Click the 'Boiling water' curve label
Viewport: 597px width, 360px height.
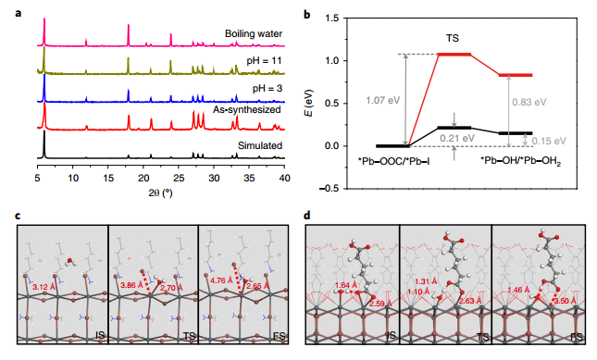[254, 33]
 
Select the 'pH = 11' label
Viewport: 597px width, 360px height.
[264, 61]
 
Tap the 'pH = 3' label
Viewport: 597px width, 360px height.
[267, 89]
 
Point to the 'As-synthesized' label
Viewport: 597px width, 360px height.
[247, 109]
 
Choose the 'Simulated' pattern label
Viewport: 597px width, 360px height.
[260, 145]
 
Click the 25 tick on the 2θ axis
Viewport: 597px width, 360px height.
[179, 178]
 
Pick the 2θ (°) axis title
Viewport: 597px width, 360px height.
[161, 193]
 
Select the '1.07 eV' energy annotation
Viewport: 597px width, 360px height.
[382, 101]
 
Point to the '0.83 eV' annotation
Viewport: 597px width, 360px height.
[529, 102]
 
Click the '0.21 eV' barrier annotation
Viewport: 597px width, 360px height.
[457, 138]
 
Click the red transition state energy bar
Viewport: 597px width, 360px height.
[454, 55]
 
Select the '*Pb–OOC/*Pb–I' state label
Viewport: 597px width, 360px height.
[393, 161]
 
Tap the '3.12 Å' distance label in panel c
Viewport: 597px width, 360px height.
[44, 287]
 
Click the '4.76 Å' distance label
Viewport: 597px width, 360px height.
[221, 280]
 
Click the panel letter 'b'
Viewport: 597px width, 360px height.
[307, 15]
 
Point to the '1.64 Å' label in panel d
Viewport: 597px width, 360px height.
[346, 285]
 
